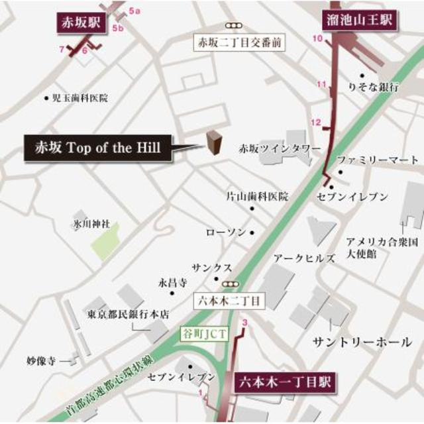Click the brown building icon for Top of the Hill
213,142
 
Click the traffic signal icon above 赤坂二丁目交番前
233,26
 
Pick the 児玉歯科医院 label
79,98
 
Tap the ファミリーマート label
378,160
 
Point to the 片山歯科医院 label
257,197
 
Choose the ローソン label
226,233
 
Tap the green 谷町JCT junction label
205,334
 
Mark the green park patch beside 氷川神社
105,242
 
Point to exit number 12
316,123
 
